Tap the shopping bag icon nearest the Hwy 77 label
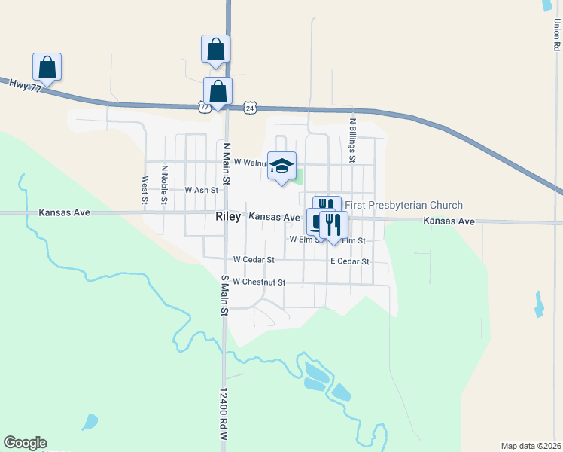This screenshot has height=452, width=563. (47, 67)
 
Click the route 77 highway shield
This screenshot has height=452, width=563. (205, 108)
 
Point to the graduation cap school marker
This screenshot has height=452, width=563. (281, 166)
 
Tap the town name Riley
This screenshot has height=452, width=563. (227, 217)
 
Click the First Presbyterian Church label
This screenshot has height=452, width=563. (403, 205)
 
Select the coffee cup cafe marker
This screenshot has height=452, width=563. (315, 221)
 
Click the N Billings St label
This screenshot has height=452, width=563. (352, 140)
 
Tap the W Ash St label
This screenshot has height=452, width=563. (201, 191)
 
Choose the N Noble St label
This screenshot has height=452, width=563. (164, 185)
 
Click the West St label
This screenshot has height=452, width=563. (145, 191)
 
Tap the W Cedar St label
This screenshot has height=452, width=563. (254, 259)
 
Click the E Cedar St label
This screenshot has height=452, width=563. (350, 261)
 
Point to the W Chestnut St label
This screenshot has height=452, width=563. (260, 282)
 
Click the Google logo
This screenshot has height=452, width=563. (25, 443)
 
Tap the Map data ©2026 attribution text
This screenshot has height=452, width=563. (531, 446)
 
